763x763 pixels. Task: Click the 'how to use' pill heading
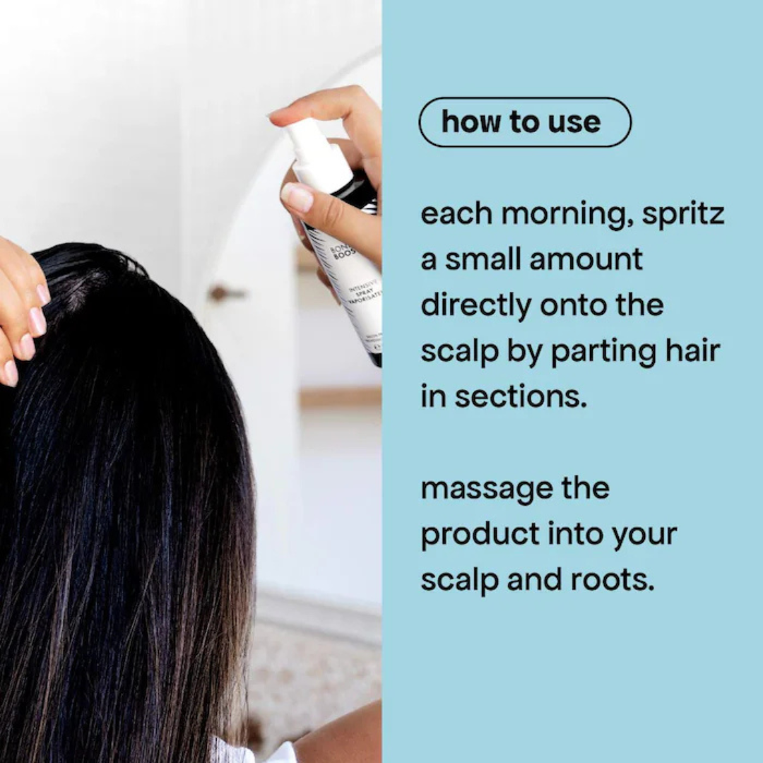(x=524, y=122)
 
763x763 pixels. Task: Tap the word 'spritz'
(x=683, y=214)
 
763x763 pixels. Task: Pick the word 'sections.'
(x=521, y=396)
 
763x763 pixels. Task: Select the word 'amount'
(x=586, y=260)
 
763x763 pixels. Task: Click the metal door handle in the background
(x=225, y=292)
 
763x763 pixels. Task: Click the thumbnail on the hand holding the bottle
(x=297, y=198)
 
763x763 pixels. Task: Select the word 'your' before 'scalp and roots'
(x=644, y=535)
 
